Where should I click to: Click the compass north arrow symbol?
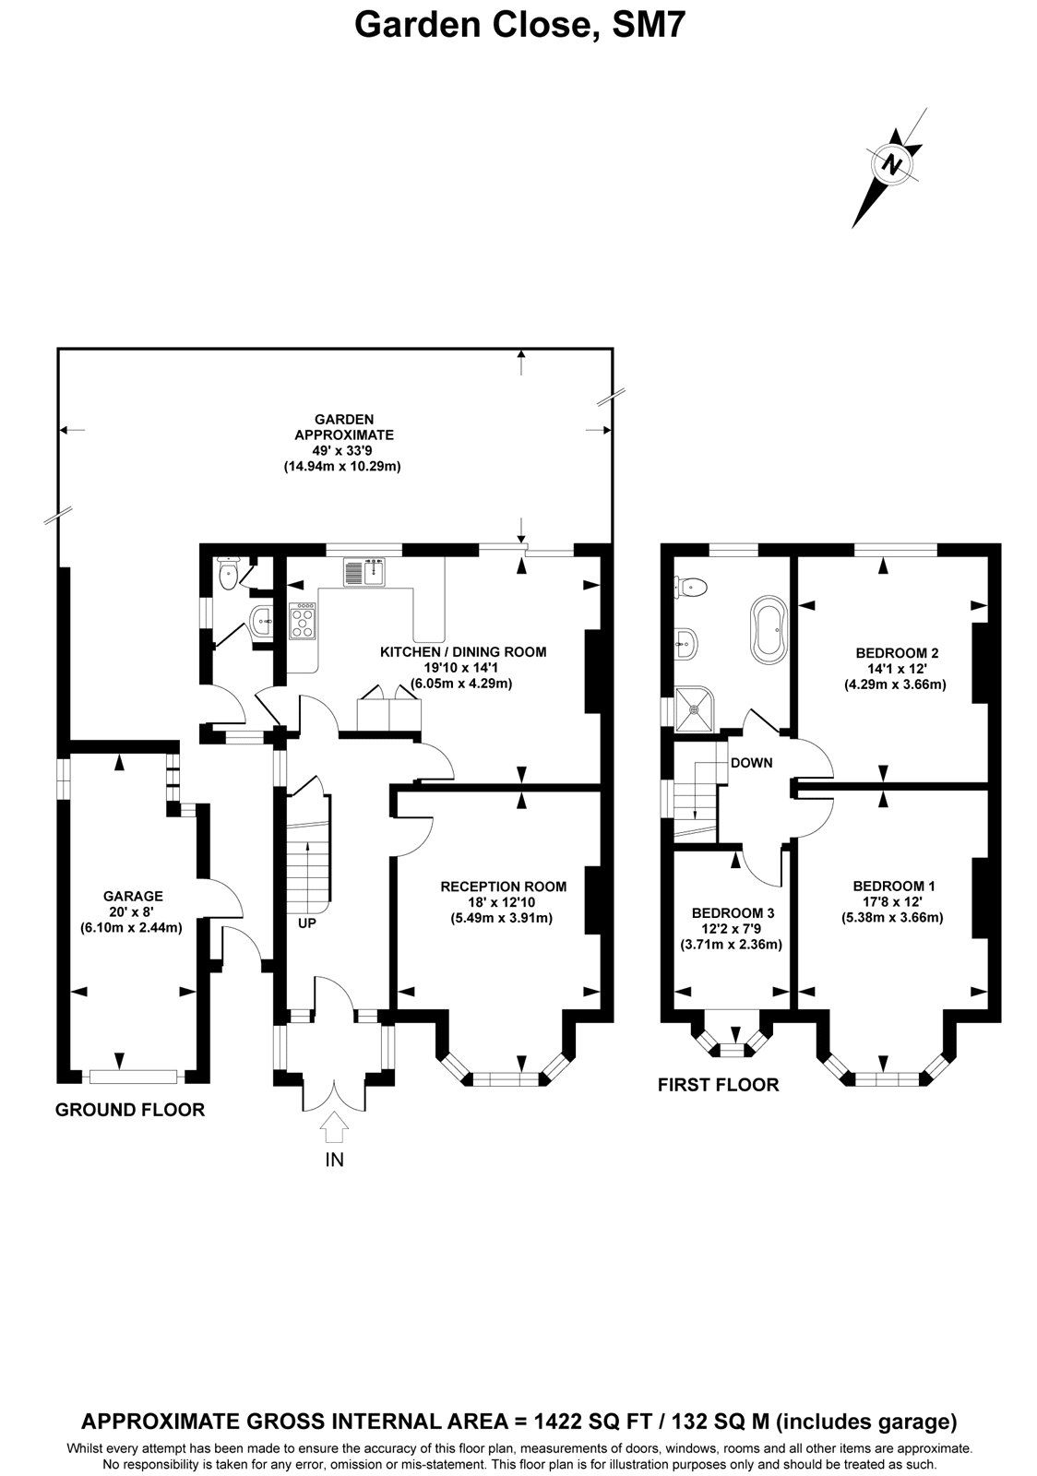(891, 165)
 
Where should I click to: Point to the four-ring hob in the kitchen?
(303, 621)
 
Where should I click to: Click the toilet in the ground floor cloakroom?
(229, 576)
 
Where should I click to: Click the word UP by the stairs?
(307, 922)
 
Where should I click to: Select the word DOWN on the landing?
(751, 763)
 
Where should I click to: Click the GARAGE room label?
(133, 895)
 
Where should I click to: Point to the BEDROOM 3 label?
(733, 912)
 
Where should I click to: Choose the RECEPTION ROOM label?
(503, 887)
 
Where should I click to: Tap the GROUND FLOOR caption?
(130, 1110)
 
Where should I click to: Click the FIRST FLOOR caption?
(718, 1085)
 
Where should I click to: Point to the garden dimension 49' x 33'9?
(343, 450)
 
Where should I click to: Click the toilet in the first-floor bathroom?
(692, 585)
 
